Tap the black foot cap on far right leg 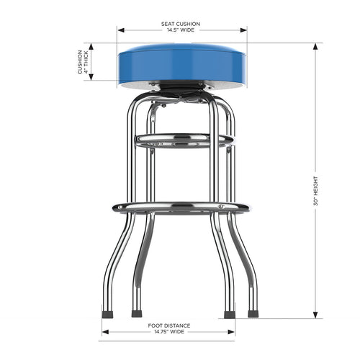(x=253, y=314)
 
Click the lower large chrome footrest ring (x=180, y=207)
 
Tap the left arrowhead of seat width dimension (x=120, y=30)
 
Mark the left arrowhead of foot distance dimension (x=104, y=332)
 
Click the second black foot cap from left (x=136, y=314)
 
